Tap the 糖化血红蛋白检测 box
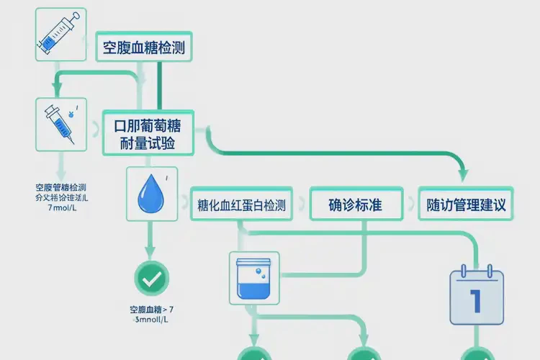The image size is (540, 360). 241,205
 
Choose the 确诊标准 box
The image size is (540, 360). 355,205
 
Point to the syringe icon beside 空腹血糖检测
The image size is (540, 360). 60,35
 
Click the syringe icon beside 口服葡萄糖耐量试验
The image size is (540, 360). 60,124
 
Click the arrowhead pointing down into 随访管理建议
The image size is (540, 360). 463,174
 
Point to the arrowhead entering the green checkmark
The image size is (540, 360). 151,254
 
